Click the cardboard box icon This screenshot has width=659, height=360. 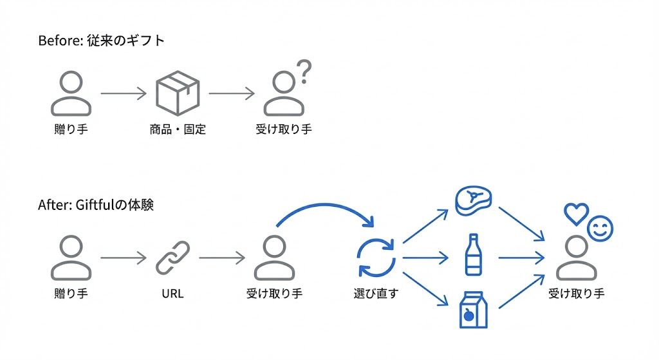point(178,93)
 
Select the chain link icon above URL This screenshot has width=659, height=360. point(172,258)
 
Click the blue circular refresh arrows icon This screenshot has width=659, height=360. point(376,258)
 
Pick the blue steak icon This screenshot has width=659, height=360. point(473,201)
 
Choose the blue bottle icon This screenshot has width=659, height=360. point(473,255)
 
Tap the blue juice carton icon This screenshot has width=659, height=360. point(473,309)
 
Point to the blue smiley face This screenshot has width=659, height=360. point(600,227)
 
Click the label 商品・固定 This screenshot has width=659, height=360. point(178,129)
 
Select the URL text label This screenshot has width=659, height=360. point(172,294)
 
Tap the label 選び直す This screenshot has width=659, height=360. point(376,294)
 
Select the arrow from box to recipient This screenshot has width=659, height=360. point(232,94)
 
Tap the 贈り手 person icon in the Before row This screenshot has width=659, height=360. point(71,93)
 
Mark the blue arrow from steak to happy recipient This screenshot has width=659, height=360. point(522,223)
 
